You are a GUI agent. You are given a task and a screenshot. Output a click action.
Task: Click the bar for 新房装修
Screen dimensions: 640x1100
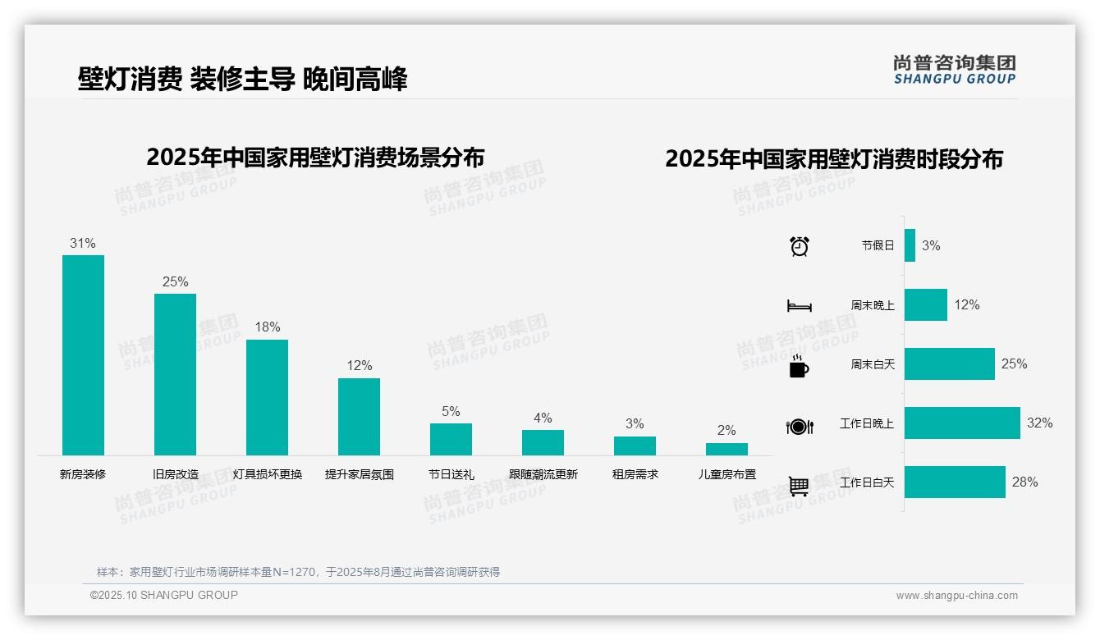point(83,354)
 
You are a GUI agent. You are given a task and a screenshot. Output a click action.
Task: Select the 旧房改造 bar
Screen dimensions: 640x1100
point(175,374)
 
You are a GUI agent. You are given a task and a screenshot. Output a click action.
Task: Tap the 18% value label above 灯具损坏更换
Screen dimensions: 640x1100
point(267,327)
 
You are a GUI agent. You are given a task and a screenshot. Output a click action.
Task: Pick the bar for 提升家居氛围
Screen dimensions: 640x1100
point(359,416)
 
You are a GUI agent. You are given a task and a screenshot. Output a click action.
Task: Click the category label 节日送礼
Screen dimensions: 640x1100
point(451,474)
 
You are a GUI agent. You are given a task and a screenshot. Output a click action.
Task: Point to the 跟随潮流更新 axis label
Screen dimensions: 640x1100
point(543,474)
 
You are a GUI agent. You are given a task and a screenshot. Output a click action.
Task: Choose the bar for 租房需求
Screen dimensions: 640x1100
point(635,446)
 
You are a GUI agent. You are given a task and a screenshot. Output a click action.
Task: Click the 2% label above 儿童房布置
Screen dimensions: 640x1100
point(726,430)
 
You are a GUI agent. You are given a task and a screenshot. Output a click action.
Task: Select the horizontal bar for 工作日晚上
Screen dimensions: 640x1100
point(962,423)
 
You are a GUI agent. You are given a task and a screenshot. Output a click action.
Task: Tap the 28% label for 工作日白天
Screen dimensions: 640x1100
point(1024,482)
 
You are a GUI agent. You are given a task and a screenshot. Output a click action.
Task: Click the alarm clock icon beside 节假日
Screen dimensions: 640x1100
point(800,246)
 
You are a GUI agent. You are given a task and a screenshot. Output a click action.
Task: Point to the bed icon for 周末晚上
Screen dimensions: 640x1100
point(800,305)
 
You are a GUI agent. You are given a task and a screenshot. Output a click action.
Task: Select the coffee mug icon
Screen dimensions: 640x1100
point(799,365)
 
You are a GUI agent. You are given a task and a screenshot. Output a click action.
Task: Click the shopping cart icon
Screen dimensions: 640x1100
point(799,486)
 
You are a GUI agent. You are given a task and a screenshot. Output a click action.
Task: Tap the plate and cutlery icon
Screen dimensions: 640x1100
point(800,426)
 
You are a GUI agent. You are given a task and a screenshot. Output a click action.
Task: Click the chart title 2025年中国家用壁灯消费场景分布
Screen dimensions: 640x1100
point(315,158)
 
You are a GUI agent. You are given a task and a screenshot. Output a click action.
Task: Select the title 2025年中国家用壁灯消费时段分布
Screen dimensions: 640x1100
point(834,159)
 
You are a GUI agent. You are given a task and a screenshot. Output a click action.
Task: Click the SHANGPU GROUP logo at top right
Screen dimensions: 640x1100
point(954,70)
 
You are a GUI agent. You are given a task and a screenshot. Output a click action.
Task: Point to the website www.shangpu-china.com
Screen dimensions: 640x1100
point(956,596)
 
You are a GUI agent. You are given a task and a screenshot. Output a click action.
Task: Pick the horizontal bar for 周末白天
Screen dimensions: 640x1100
point(949,363)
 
